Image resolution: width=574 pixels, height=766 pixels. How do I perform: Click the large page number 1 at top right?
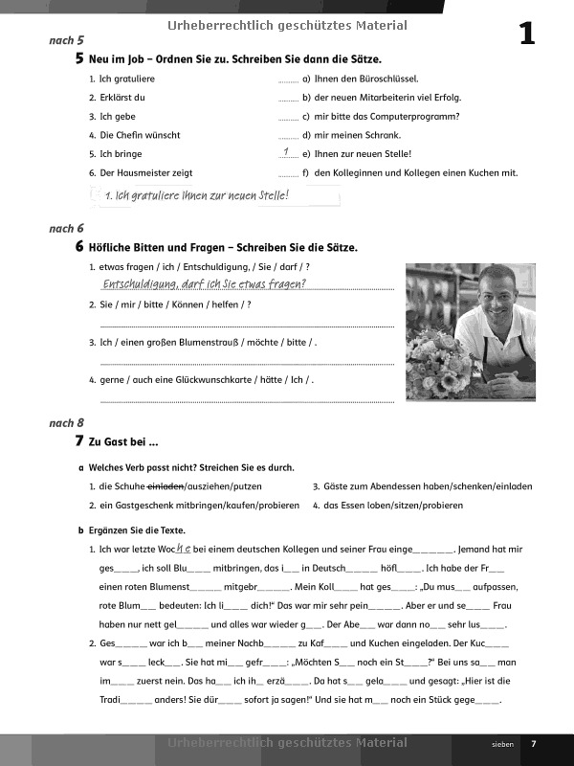[x=526, y=34]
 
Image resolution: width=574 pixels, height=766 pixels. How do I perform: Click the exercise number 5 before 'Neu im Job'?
[x=78, y=59]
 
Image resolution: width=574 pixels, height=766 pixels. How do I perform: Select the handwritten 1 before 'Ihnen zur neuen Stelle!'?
[x=287, y=152]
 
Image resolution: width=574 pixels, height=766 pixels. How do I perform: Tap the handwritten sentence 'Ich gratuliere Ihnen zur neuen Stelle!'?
[x=198, y=196]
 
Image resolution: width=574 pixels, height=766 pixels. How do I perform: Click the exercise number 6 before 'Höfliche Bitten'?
[x=78, y=247]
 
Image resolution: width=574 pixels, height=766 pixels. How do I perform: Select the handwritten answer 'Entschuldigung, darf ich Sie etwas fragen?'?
[x=204, y=283]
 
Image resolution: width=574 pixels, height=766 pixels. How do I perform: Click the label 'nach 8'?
[x=66, y=422]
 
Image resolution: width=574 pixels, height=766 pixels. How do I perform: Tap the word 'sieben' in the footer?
[x=502, y=744]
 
